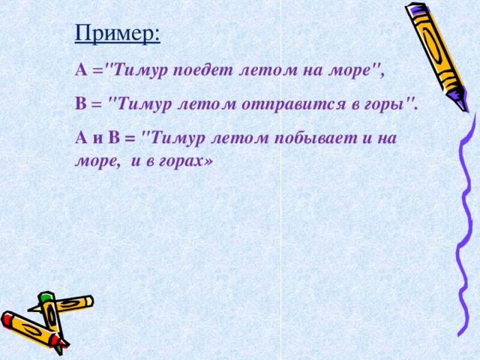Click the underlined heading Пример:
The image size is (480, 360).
(x=117, y=34)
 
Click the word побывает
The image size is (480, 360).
(x=309, y=137)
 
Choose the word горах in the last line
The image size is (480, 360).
(x=184, y=160)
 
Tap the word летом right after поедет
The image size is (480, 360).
(x=259, y=71)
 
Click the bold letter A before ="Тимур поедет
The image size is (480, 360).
(x=81, y=71)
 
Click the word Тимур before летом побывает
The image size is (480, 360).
(x=176, y=137)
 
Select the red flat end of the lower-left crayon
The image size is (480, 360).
(x=7, y=319)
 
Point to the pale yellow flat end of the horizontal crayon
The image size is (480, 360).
(x=90, y=300)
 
